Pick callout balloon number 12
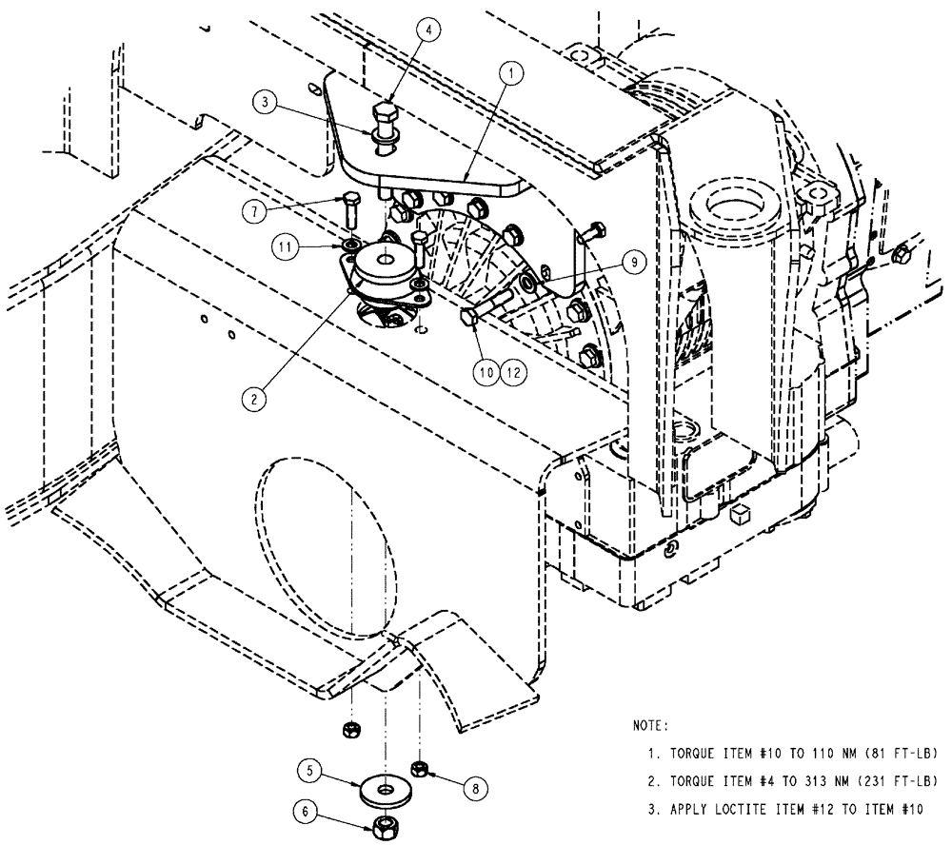point(514,373)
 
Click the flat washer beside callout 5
point(383,790)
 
